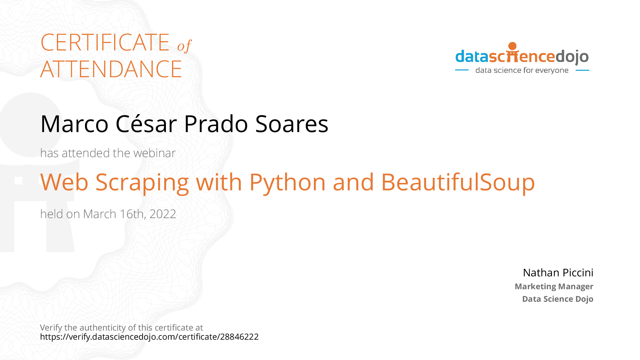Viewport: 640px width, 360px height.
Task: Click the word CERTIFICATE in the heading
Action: (x=105, y=43)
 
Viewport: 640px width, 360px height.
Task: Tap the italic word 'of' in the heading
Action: (x=184, y=46)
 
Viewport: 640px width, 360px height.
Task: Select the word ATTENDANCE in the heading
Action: (x=111, y=69)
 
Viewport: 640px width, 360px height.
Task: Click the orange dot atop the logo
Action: (x=512, y=46)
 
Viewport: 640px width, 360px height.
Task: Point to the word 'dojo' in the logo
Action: (x=572, y=57)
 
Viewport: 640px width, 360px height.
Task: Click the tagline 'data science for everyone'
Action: (x=522, y=70)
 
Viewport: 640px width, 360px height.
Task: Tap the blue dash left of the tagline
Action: (x=462, y=70)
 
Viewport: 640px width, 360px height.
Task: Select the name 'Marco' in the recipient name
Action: (x=74, y=124)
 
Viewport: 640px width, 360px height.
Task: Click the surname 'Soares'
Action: (x=292, y=124)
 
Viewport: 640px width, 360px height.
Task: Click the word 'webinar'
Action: (x=154, y=153)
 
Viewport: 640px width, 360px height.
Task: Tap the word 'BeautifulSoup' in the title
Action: (x=458, y=183)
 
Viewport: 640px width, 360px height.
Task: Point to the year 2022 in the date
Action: (x=163, y=214)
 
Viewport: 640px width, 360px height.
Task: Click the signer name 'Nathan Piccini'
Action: (x=558, y=273)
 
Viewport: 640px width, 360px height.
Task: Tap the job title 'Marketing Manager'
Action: (x=554, y=287)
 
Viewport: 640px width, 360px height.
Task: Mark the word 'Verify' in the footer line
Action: (x=51, y=328)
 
